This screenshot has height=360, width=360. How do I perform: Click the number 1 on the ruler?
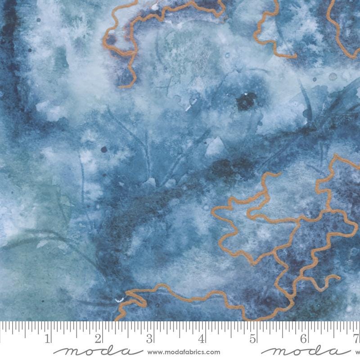(48, 338)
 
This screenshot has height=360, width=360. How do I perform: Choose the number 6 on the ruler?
(305, 338)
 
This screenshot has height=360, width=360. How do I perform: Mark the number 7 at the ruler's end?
(356, 338)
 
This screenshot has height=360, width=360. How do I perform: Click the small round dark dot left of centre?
(104, 149)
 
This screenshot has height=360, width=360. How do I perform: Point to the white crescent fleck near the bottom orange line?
(119, 299)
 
